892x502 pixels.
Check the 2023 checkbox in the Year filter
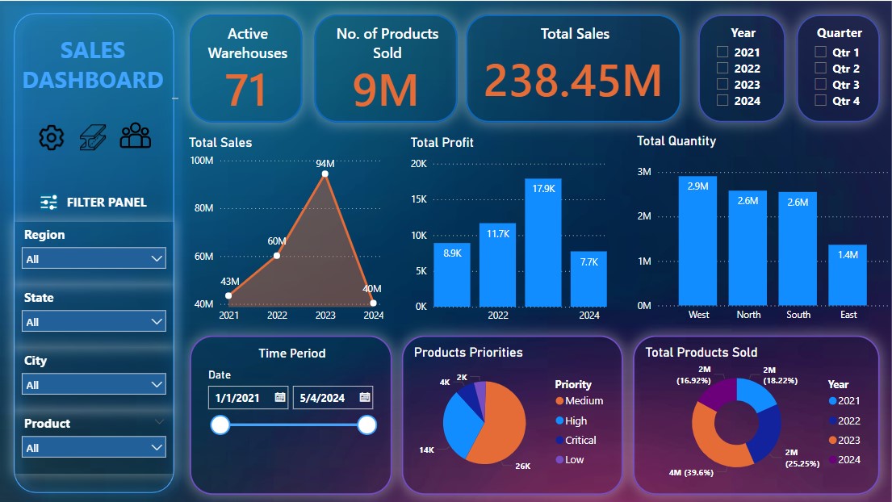[722, 85]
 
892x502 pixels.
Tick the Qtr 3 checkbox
[820, 85]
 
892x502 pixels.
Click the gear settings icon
[52, 138]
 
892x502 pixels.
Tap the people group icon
[136, 136]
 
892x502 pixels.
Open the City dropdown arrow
[157, 385]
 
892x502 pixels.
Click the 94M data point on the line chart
[325, 174]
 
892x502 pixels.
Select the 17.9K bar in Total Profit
[543, 242]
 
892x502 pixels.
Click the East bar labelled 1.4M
[848, 274]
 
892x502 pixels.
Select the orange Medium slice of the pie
[492, 428]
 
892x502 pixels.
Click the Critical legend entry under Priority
[580, 441]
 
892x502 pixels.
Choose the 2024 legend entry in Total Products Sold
[843, 460]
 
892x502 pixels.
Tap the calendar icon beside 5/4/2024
[365, 397]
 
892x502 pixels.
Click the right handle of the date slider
[366, 425]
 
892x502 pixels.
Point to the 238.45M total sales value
[573, 80]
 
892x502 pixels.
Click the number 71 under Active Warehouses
[246, 90]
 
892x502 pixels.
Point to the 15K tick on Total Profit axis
[418, 199]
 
